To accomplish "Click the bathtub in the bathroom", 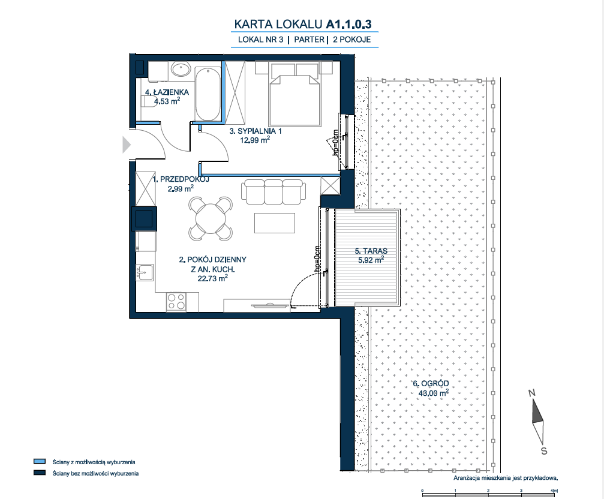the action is click(x=208, y=94).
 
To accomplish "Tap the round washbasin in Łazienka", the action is click(x=181, y=70).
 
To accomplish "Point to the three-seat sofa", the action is click(x=274, y=192).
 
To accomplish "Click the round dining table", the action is click(x=211, y=219).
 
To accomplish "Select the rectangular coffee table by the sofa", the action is click(x=275, y=223).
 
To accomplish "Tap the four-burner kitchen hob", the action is click(x=176, y=302).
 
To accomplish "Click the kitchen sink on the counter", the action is click(x=145, y=272).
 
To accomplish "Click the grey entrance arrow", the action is click(x=127, y=145).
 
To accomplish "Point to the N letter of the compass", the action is click(x=532, y=393).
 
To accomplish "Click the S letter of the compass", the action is click(x=544, y=451).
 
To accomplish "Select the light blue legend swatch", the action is click(x=40, y=462).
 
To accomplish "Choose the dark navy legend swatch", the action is click(x=40, y=473).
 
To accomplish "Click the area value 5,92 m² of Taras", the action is click(x=371, y=260).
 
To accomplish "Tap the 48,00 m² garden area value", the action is click(x=433, y=393).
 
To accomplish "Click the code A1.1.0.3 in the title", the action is click(x=348, y=24).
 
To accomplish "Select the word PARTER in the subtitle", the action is click(x=309, y=39).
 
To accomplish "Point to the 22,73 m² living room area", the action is click(x=213, y=278).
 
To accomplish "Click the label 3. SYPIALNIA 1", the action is click(x=256, y=131).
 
